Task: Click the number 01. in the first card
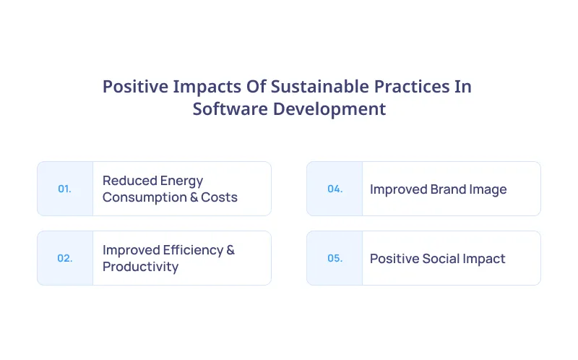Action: click(x=64, y=189)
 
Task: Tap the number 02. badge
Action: click(x=64, y=258)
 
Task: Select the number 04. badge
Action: click(x=335, y=189)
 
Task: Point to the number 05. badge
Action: click(x=335, y=258)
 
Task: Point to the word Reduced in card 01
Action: click(x=130, y=181)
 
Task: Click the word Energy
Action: click(x=182, y=181)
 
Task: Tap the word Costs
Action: click(x=218, y=197)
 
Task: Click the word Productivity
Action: click(x=140, y=267)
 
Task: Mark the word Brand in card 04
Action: click(x=450, y=189)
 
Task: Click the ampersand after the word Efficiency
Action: click(x=230, y=250)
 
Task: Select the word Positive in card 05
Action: click(x=395, y=259)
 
